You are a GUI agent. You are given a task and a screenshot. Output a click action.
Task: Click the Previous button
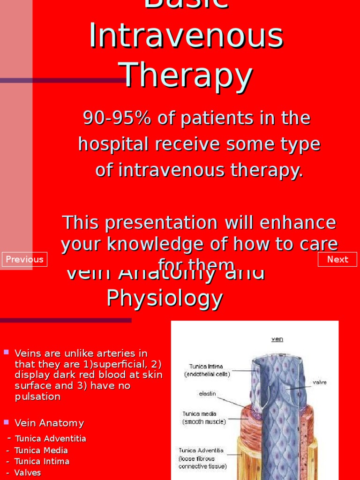point(24,259)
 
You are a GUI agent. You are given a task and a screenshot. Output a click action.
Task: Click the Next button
point(337,259)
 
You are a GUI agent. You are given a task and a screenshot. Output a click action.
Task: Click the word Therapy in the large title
point(186,76)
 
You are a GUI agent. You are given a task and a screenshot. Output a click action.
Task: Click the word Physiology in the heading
point(165,298)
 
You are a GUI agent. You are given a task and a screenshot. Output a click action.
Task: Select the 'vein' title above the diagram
point(277,339)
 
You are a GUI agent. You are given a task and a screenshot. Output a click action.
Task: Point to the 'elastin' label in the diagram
point(207,394)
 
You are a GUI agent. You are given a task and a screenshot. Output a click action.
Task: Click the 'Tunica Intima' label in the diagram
point(206,366)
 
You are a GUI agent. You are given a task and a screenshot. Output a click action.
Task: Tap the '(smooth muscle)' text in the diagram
point(204,421)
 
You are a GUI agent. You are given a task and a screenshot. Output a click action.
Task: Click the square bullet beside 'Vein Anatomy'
point(7,422)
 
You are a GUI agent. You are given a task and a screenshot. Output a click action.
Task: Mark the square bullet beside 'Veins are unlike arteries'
point(7,352)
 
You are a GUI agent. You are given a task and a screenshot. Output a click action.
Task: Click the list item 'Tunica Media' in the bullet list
point(41,450)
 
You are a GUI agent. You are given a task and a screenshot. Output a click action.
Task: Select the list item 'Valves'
point(28,472)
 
